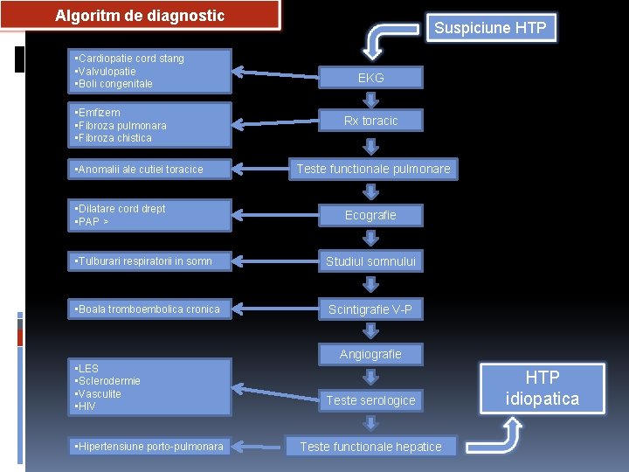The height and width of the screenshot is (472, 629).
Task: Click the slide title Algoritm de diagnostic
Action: point(140,16)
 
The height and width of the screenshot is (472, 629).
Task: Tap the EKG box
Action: point(370,78)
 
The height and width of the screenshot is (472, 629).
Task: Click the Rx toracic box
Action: point(370,121)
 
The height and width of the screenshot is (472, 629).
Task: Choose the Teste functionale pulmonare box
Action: point(373,169)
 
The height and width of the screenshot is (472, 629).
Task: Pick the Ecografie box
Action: point(370,215)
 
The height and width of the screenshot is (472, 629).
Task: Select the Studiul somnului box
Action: point(370,261)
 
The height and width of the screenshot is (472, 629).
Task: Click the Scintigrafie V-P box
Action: point(370,309)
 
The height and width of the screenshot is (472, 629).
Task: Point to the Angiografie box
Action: point(370,354)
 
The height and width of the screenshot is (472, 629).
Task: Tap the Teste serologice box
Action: point(370,400)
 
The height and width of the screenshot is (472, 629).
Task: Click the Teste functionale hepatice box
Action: point(370,447)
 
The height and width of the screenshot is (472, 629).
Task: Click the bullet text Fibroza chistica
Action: point(114,138)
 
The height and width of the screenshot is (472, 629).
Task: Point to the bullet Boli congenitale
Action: point(114,84)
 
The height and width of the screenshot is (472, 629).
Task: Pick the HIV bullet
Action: point(86,406)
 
